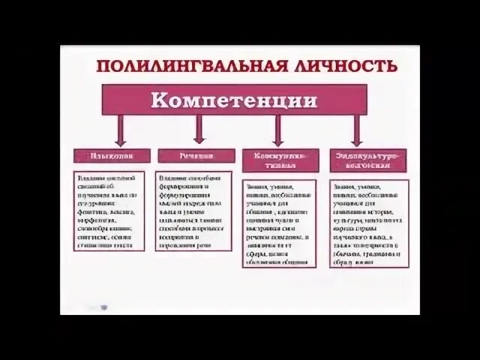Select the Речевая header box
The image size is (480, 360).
click(x=196, y=156)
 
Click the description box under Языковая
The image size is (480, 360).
click(x=109, y=211)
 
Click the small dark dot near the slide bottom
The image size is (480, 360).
click(x=104, y=307)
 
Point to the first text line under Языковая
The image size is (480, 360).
click(x=109, y=178)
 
